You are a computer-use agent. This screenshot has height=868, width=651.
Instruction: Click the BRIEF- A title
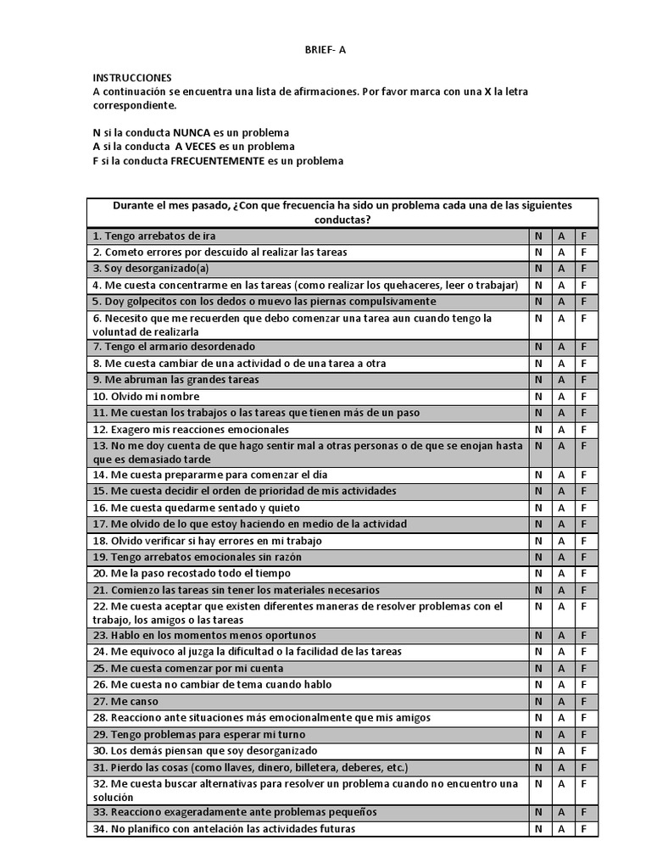point(325,49)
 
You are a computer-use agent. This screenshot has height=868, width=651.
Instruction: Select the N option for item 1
point(538,236)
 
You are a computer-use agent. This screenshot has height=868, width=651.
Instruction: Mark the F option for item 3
point(583,269)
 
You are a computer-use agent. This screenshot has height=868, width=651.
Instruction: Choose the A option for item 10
point(561,397)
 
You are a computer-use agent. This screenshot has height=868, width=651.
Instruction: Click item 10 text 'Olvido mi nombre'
point(147,397)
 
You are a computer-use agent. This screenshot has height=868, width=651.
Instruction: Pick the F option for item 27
point(583,702)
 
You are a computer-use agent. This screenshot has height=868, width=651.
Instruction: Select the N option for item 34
point(538,829)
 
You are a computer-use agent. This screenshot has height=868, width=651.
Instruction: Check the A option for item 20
point(561,574)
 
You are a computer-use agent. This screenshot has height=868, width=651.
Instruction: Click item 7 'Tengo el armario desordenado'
point(175,347)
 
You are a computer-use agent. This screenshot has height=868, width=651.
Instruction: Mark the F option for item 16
point(583,508)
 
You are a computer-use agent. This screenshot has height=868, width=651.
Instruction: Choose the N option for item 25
point(538,669)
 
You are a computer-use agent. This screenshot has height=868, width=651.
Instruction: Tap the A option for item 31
point(561,768)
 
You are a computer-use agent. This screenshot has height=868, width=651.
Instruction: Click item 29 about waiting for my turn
point(199,735)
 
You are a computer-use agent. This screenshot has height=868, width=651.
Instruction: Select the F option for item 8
point(583,364)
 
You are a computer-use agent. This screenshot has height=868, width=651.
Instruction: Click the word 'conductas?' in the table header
point(342,220)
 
